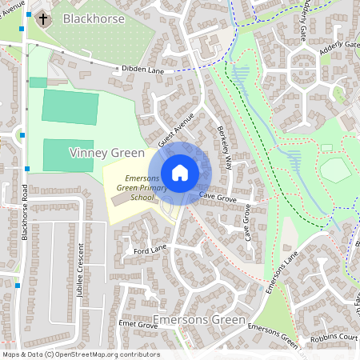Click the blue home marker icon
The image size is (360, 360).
click(x=180, y=172)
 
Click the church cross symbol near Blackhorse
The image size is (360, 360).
click(x=42, y=18)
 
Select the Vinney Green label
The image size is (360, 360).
click(x=107, y=152)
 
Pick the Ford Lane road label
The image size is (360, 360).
click(x=149, y=250)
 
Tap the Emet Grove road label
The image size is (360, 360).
click(x=136, y=325)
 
